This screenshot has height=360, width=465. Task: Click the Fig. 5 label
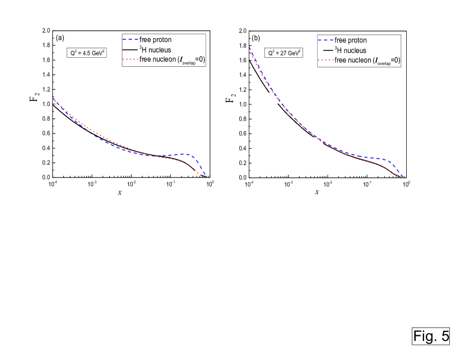431,336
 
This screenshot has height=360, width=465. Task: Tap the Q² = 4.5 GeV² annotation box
86,54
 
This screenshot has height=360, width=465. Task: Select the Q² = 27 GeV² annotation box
284,54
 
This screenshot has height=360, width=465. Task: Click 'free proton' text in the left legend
155,40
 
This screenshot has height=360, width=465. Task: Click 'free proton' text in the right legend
351,40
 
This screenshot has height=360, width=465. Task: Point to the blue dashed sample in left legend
130,40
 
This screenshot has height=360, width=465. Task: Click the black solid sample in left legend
130,50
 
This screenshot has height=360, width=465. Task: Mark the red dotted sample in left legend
130,61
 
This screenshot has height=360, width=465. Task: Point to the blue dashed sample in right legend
325,40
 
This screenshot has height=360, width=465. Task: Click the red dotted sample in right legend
325,61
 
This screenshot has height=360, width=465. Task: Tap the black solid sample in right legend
325,50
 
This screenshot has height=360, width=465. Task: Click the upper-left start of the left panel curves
53,98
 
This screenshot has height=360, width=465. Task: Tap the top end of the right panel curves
249,47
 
